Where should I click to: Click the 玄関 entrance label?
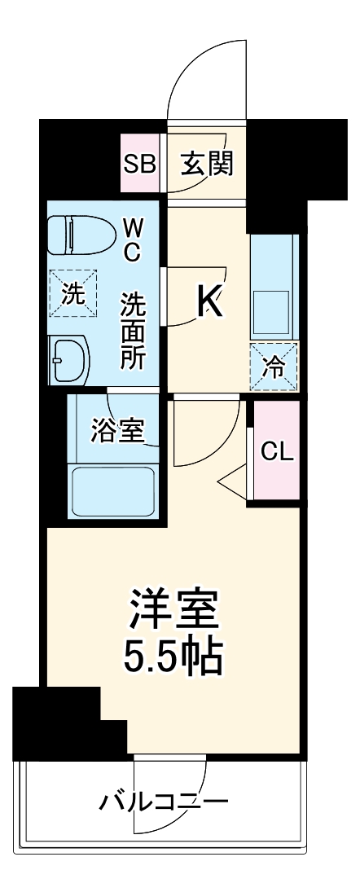coord(207,164)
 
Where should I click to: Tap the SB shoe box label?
coord(139,164)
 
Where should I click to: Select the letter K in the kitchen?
coord(209,303)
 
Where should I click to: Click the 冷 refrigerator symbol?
coord(274,367)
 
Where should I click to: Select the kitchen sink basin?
coord(274,310)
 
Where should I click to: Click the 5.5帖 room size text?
coord(173,657)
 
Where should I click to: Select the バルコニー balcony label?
coord(163,802)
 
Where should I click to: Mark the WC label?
coord(132,239)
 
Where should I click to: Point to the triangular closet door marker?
coord(233,481)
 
